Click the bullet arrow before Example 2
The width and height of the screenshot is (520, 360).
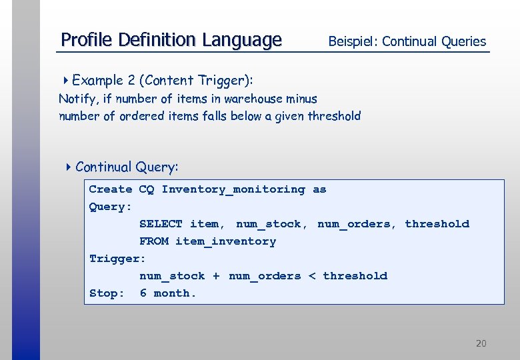coord(66,81)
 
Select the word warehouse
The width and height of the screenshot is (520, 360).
coord(253,99)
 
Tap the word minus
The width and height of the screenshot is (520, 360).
coord(301,99)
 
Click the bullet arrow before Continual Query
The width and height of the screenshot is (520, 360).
coord(69,167)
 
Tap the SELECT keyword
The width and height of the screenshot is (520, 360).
coord(161,224)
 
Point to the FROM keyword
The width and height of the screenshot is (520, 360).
coord(153,241)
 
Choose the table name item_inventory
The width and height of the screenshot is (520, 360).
coord(225,241)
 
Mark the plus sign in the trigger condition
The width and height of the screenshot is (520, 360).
coord(216,276)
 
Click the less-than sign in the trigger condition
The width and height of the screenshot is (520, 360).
coord(312,276)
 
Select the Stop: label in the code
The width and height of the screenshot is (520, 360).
coord(107,293)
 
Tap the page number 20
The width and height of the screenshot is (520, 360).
coord(481,343)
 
